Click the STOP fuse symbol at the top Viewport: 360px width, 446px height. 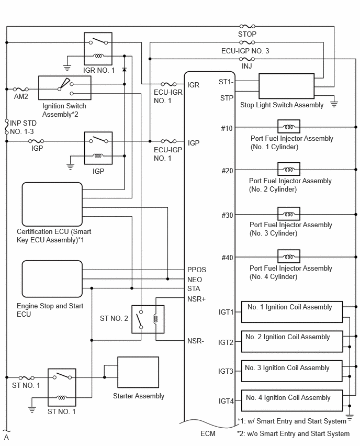click(x=247, y=27)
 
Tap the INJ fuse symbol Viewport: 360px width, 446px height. click(x=247, y=59)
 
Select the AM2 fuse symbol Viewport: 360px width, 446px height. click(x=21, y=89)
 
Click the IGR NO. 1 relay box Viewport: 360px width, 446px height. click(x=98, y=49)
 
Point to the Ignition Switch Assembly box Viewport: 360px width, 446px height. click(x=65, y=88)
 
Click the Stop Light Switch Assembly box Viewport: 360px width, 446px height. click(x=287, y=86)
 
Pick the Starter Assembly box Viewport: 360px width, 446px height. click(x=138, y=372)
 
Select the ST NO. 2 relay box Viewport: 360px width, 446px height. click(x=148, y=319)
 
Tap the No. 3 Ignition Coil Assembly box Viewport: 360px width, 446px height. click(x=292, y=371)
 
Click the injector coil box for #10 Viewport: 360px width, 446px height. click(x=289, y=127)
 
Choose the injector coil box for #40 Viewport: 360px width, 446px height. click(x=289, y=257)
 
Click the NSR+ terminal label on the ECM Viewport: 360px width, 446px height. click(x=196, y=299)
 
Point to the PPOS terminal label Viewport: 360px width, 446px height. click(x=197, y=270)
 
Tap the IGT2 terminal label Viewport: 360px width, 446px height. click(x=226, y=342)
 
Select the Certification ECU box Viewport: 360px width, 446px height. click(x=52, y=204)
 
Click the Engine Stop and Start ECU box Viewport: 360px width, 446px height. click(x=52, y=278)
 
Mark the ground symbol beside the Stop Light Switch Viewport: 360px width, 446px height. click(x=334, y=104)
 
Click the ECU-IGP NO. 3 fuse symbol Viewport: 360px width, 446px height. click(x=247, y=42)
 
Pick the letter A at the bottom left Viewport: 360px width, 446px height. click(x=6, y=438)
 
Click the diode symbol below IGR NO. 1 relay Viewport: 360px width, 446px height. click(x=124, y=70)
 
